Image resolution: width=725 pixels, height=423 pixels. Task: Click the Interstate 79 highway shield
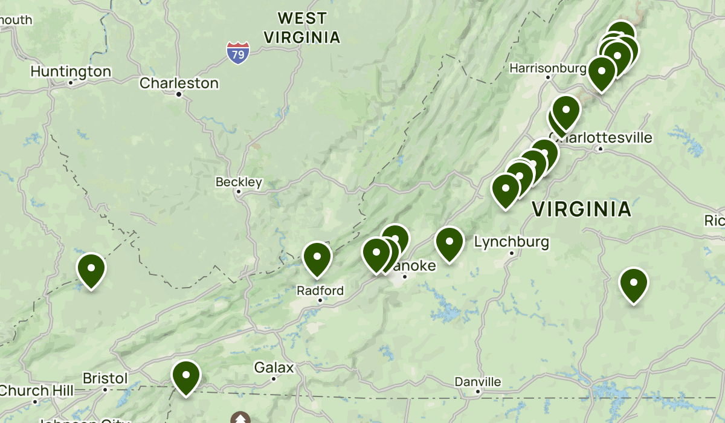point(238,53)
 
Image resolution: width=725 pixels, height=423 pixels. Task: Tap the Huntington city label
point(71,72)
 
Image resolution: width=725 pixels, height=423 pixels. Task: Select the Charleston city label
point(179,83)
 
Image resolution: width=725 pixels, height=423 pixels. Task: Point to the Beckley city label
point(239,182)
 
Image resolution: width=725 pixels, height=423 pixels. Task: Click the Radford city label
point(320,291)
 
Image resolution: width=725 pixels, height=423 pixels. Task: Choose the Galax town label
point(274,368)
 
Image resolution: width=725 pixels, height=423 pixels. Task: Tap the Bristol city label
point(105,379)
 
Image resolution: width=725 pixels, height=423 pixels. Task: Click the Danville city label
point(478,382)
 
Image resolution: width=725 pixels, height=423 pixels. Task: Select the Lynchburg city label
point(511,242)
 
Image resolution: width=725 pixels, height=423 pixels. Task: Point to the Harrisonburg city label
point(548,68)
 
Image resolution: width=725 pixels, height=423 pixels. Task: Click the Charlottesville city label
point(601,138)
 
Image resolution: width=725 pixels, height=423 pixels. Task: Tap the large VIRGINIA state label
point(581,210)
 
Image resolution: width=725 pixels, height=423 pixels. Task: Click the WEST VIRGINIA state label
point(301,27)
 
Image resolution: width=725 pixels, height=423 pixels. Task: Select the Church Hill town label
point(36,390)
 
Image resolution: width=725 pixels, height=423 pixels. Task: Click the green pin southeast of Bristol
point(185,375)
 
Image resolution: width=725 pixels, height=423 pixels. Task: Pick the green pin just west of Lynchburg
point(449,242)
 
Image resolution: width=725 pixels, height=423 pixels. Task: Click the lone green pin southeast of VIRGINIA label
point(633,283)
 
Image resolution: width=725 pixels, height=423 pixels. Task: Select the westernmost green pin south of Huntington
point(91,269)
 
